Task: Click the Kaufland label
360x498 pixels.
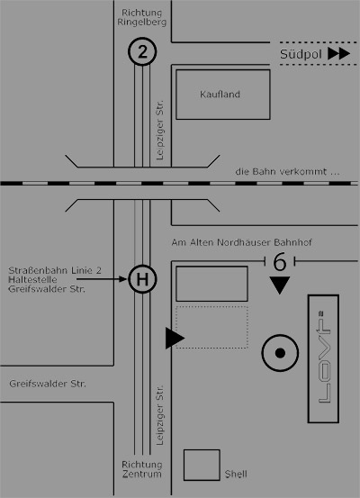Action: (x=220, y=95)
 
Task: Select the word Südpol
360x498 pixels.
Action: (x=301, y=54)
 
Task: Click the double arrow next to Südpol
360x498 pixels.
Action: (x=339, y=54)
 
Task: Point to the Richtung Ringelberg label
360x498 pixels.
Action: (x=142, y=17)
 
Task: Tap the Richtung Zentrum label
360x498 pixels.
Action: (x=142, y=469)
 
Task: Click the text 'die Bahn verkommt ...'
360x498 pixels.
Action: (x=287, y=172)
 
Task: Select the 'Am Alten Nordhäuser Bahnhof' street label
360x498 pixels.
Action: (x=241, y=242)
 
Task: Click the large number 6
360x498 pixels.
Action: (x=280, y=262)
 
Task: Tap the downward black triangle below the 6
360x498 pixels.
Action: (x=280, y=285)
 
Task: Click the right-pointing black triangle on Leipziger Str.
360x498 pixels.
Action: (x=175, y=339)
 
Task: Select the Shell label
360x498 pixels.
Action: (x=236, y=474)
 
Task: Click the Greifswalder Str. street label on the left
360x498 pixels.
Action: (x=48, y=384)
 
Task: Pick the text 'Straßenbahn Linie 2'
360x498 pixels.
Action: (x=55, y=270)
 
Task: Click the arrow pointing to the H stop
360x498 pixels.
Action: (x=102, y=279)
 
